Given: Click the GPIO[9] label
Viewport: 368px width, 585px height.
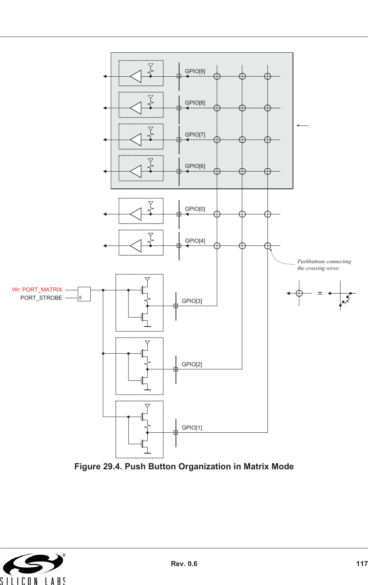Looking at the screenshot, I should tap(195, 71).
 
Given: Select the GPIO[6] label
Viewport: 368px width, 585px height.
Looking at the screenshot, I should tap(195, 166).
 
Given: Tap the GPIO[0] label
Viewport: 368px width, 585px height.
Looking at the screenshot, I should tap(195, 209).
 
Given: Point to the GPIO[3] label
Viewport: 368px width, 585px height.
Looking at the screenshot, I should tap(192, 301).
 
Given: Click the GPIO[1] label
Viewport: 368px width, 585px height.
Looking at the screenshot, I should tap(192, 428).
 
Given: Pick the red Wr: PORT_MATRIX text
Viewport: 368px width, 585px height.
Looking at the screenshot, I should tap(37, 290).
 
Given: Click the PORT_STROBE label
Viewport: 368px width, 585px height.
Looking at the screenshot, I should tap(41, 298).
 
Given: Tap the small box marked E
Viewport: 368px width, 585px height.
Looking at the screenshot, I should tap(84, 294).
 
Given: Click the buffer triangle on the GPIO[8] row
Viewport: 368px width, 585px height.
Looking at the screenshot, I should tap(136, 108).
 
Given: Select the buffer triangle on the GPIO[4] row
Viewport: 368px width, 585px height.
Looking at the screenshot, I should tap(136, 246).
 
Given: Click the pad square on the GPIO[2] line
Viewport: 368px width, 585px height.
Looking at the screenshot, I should tap(176, 369).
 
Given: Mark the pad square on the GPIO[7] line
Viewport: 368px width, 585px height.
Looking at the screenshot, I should tap(179, 140).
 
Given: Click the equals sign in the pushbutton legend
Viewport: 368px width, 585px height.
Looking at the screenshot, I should tap(320, 293).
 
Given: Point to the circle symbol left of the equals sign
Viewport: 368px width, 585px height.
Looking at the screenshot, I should tap(299, 293).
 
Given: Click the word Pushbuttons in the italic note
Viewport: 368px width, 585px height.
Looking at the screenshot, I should tap(311, 261).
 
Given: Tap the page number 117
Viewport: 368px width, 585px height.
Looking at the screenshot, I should tap(361, 564).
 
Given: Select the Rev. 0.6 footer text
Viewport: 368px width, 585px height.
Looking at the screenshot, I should tap(184, 564).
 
